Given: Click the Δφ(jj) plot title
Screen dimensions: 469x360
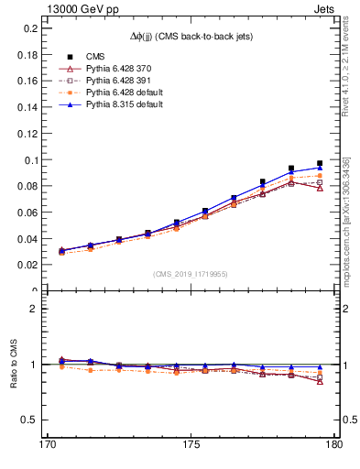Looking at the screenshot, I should [190, 35].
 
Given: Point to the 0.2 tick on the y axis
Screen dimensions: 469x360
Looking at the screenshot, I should [29, 28].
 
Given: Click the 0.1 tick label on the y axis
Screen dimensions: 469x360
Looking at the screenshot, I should [29, 159].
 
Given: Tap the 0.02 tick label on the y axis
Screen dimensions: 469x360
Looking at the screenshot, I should [27, 265].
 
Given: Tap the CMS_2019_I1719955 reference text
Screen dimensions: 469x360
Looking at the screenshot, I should [190, 274].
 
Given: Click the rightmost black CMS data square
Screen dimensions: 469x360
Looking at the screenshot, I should [320, 163].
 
